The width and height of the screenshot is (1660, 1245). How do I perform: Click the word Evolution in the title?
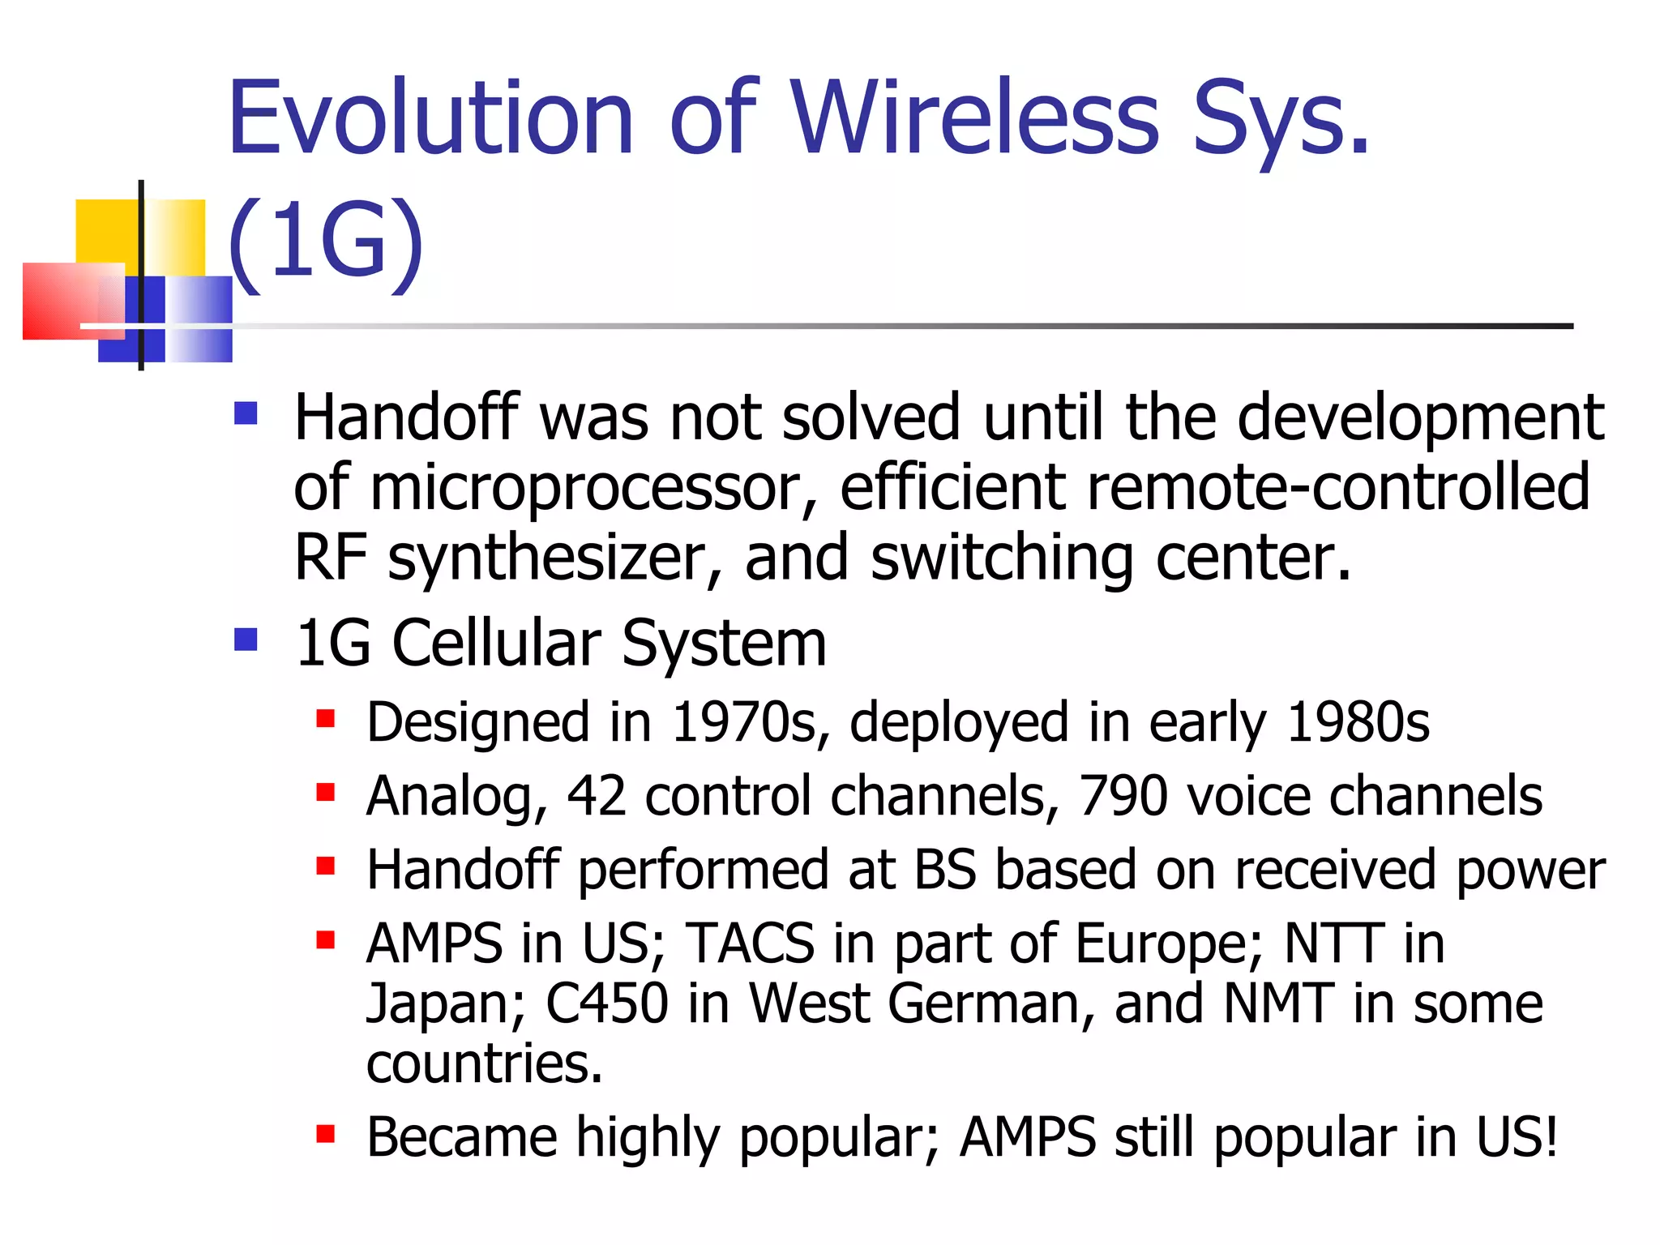pyautogui.click(x=430, y=118)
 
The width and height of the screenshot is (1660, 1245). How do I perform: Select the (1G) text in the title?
pyautogui.click(x=325, y=242)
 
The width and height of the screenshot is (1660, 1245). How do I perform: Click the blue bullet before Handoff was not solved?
pyautogui.click(x=246, y=414)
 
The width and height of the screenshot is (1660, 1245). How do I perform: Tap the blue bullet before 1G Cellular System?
pyautogui.click(x=246, y=640)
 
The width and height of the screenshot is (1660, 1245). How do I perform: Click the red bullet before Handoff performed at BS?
pyautogui.click(x=326, y=866)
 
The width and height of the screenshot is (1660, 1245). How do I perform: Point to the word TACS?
pyautogui.click(x=750, y=943)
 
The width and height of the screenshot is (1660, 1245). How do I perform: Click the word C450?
pyautogui.click(x=606, y=1003)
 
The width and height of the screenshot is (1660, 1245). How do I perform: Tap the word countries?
pyautogui.click(x=484, y=1063)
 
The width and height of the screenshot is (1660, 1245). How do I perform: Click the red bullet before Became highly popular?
pyautogui.click(x=326, y=1133)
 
